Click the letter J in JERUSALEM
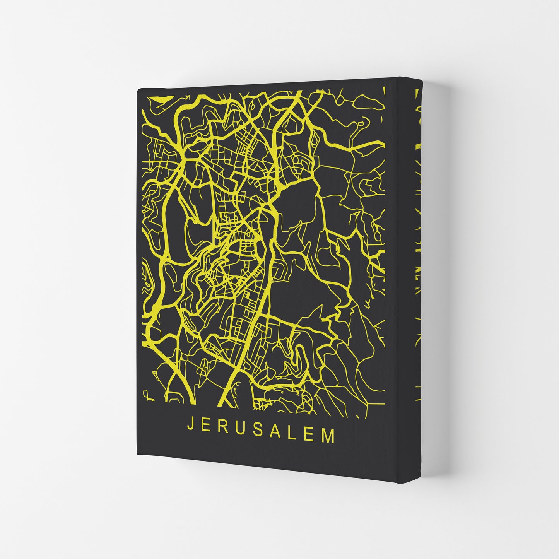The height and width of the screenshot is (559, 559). (x=190, y=424)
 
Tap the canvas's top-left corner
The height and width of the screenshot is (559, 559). (x=139, y=89)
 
